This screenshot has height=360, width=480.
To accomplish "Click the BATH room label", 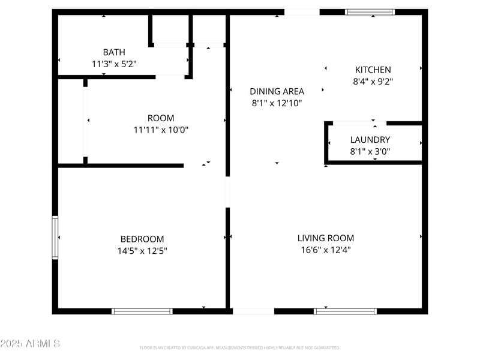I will coord(114,52).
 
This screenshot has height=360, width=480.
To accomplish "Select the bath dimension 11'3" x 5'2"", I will coord(114,64).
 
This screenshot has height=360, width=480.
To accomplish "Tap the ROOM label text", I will coord(161,118).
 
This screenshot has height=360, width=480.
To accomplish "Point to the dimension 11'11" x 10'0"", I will coord(161,130).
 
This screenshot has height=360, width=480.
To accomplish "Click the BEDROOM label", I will coord(142,239).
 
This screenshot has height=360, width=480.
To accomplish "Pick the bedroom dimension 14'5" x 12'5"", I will coord(142,250).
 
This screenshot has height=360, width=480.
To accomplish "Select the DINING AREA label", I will coord(277,91).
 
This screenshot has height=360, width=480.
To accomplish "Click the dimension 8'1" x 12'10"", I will coord(277,103).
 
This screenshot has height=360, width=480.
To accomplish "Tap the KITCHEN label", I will coord(373,70).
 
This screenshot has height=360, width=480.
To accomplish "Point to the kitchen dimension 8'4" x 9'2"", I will coord(373,81).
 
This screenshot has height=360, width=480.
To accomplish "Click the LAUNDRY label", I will coord(370,140).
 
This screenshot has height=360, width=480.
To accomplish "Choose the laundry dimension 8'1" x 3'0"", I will coord(370,151).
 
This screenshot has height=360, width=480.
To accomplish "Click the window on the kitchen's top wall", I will coord(370,11).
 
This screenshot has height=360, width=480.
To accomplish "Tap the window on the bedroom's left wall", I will coord(55,238).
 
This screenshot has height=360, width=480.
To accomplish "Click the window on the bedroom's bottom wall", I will coord(142,311).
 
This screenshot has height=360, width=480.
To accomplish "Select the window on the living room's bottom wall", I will coord(346,311).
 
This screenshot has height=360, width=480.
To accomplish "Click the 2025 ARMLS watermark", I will coord(30,344).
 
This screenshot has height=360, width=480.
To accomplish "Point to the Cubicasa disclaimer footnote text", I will coord(240,347).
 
